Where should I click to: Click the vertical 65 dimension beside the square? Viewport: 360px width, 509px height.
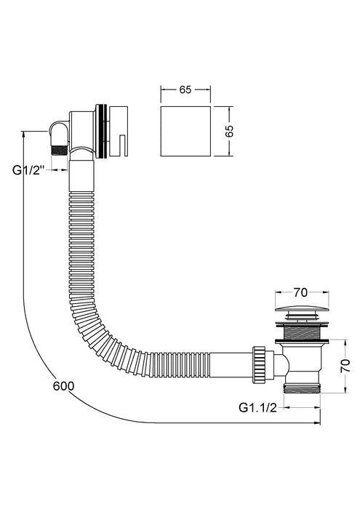pyautogui.click(x=231, y=132)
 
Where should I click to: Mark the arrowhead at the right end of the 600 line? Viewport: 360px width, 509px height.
pyautogui.click(x=317, y=422)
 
